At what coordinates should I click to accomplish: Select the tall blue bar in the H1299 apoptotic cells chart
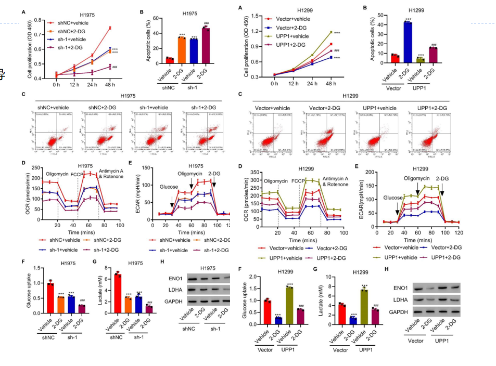point(408,43)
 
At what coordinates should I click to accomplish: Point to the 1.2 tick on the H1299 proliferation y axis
point(256,31)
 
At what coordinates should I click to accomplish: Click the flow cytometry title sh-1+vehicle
point(155,107)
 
